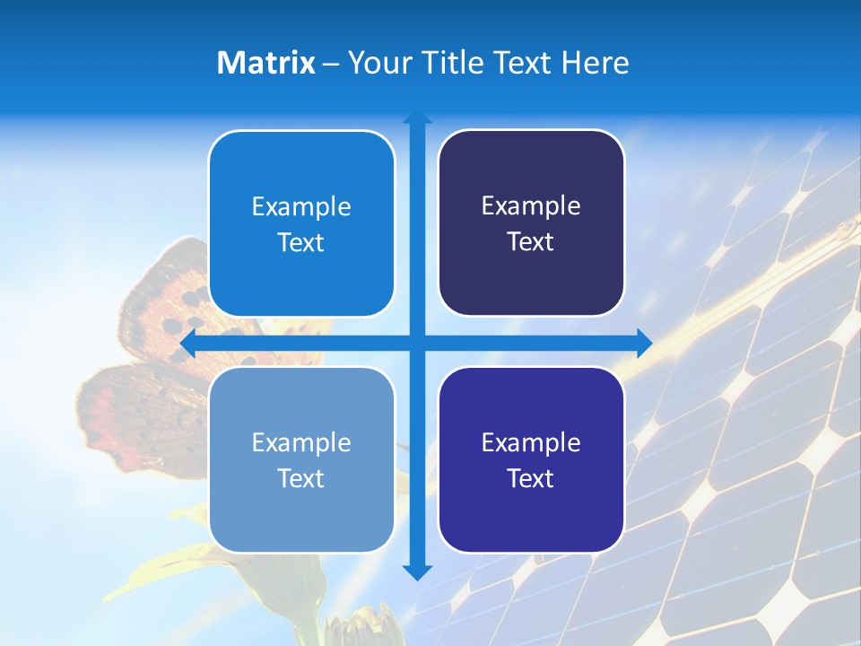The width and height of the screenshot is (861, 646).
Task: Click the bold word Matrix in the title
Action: click(265, 63)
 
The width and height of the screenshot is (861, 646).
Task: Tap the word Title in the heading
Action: click(459, 63)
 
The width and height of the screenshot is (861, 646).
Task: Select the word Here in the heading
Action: click(595, 63)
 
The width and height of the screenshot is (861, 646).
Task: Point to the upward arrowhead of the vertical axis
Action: click(416, 119)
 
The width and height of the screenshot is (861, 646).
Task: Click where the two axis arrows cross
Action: click(416, 343)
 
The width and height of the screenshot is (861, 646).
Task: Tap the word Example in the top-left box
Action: click(301, 207)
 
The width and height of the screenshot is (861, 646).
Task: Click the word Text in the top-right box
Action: click(531, 242)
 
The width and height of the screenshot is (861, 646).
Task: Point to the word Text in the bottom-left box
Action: click(301, 478)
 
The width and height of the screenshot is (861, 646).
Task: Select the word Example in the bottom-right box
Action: click(531, 442)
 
